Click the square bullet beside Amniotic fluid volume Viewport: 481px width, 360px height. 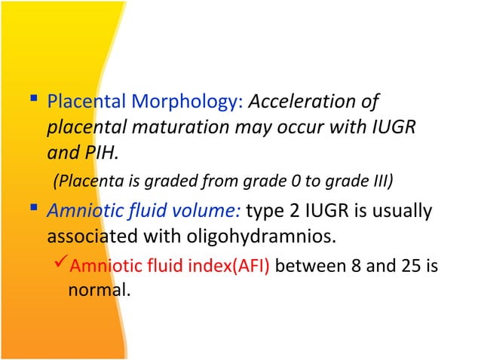pos(35,210)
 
